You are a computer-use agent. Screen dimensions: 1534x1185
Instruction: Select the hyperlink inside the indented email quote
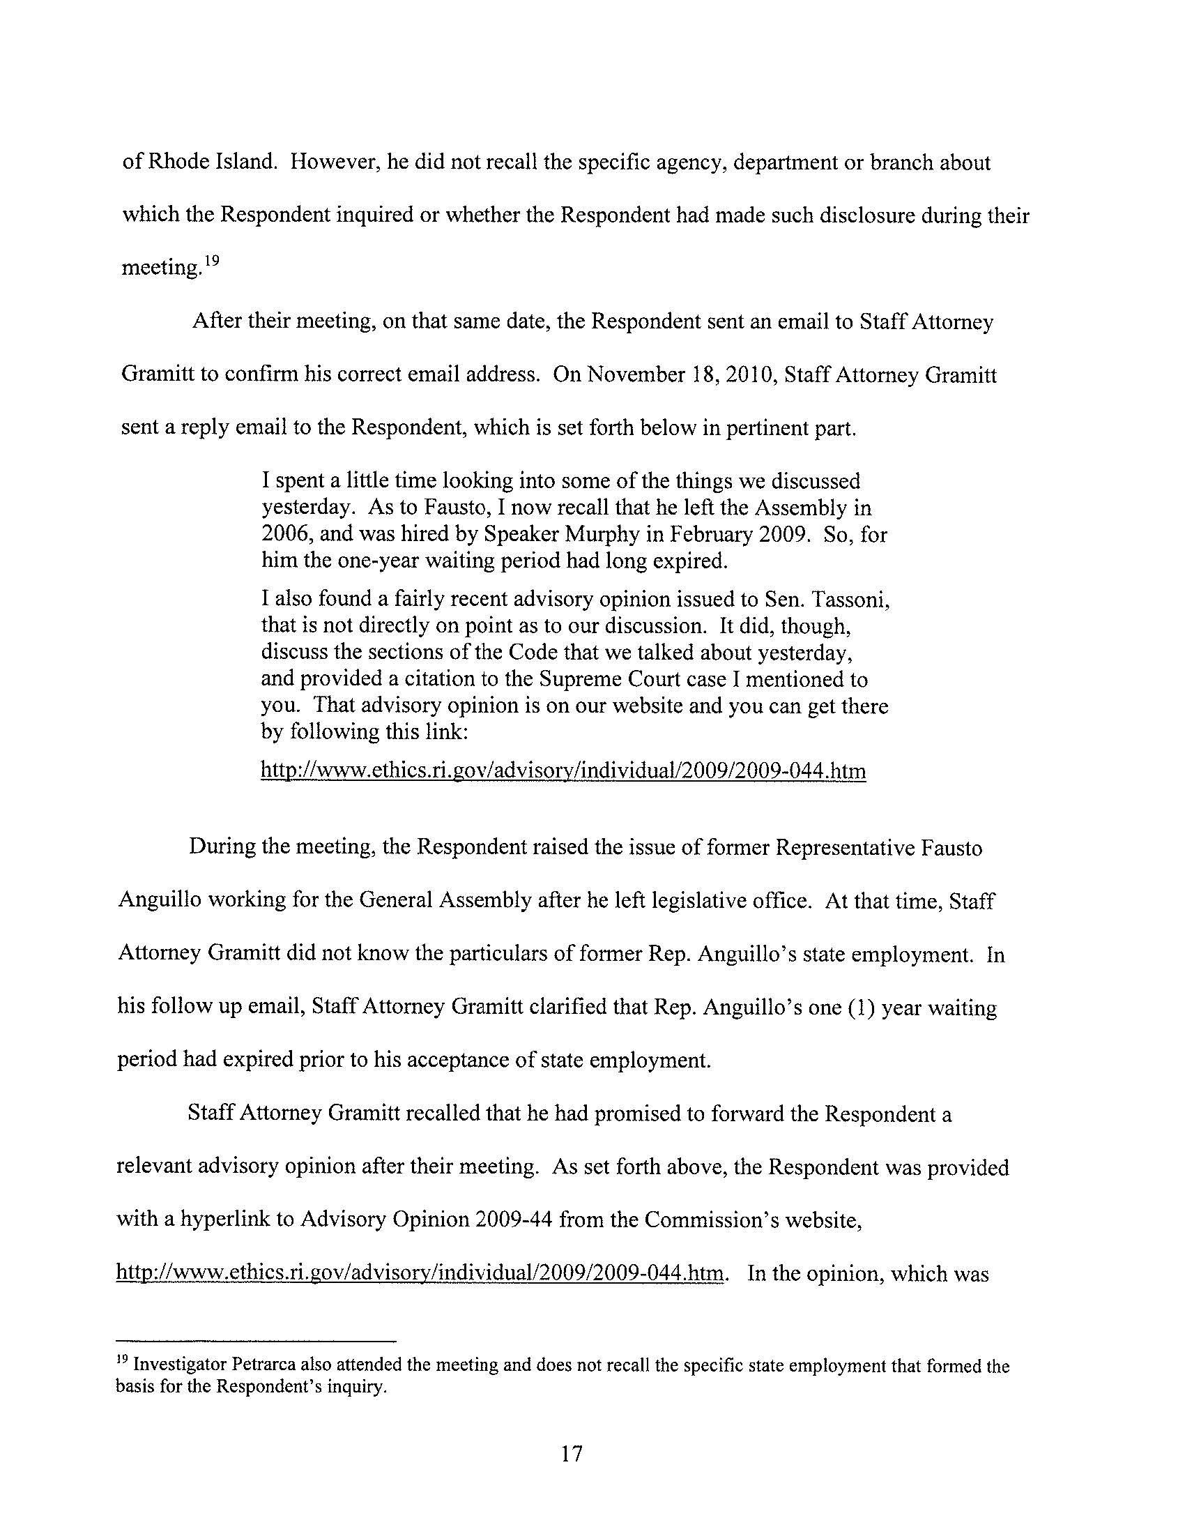563,771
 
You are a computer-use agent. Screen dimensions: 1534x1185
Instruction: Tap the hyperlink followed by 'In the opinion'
419,1273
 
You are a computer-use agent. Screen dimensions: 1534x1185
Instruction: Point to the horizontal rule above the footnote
257,1339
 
